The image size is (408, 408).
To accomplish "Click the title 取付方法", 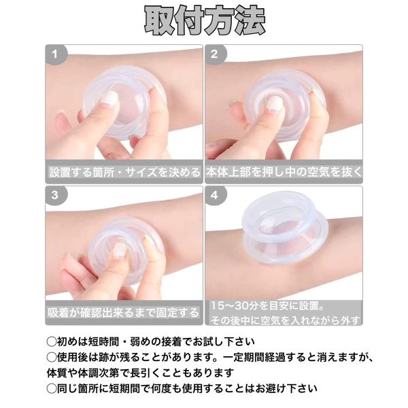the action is coord(205,21).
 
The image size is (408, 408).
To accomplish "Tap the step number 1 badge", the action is coord(56,54).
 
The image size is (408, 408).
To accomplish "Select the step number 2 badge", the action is coord(215,54).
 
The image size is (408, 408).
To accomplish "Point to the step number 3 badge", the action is coord(56,195).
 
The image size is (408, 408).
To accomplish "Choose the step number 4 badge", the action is coord(215,195).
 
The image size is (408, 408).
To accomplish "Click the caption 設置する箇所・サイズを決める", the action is coord(124,172).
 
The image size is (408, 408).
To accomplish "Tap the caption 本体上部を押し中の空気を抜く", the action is coord(284,172).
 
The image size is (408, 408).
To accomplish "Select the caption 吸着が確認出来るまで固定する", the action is coord(123,313).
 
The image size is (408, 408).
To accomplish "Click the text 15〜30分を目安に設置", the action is coord(267,306).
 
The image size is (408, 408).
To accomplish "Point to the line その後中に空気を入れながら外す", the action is coord(285,320).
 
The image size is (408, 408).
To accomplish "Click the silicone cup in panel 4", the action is coord(286,228).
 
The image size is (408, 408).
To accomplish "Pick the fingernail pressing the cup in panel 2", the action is coord(275,103).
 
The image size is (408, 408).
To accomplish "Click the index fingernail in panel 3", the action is coord(121,250).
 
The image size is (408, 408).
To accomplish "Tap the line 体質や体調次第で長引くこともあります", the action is coord(141,373).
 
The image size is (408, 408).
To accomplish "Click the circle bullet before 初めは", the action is coord(52,342).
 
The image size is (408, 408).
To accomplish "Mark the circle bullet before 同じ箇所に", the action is coord(52,389).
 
